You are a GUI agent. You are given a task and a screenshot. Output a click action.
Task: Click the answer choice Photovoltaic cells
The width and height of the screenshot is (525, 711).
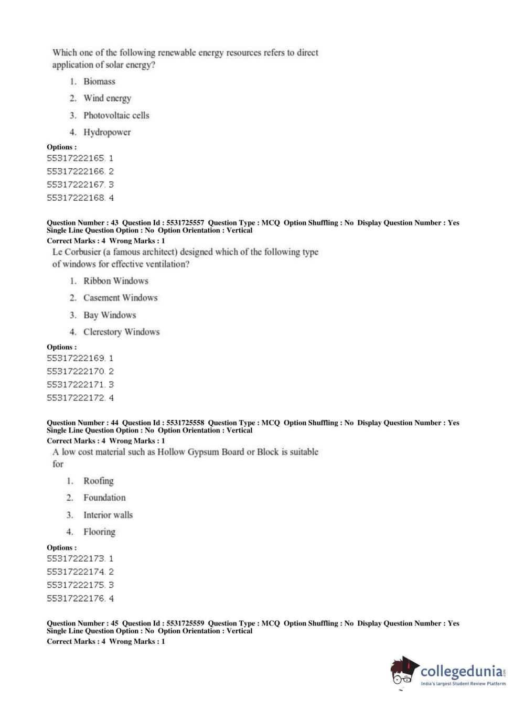116,115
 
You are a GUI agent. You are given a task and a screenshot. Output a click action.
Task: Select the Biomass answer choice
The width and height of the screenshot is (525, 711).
99,81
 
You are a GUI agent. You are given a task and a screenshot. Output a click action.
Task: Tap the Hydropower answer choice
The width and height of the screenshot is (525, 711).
107,132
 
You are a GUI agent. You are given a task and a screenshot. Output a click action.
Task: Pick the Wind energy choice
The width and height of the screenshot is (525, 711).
107,98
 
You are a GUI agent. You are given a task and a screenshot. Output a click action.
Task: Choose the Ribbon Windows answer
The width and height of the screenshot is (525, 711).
115,281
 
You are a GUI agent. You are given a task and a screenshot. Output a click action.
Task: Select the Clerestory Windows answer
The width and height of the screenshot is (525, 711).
121,332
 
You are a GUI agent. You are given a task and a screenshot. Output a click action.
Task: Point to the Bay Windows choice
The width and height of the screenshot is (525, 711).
110,315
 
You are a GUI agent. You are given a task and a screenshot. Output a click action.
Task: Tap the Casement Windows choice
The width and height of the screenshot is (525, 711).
120,298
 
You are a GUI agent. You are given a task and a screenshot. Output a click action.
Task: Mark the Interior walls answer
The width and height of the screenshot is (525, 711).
108,515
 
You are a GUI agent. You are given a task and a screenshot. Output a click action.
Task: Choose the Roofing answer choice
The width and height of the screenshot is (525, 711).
98,481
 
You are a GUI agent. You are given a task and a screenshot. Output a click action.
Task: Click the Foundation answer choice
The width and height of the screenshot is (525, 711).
104,498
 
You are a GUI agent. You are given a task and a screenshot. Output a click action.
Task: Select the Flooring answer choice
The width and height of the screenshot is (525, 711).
99,532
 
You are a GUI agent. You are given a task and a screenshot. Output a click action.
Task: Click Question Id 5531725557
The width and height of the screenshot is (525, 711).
163,223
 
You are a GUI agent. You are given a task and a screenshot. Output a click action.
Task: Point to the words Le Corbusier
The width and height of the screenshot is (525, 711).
76,252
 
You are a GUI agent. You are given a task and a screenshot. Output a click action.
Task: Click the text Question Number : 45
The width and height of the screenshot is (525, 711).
82,623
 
